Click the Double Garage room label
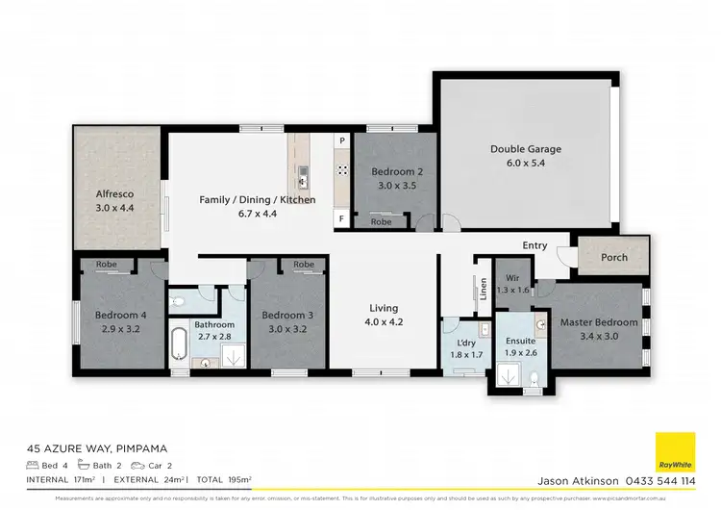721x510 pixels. point(525,149)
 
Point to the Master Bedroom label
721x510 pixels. point(599,322)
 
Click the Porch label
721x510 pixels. point(614,257)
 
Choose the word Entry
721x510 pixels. point(535,245)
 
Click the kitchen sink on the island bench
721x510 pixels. point(303,174)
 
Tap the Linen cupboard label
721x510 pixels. point(481,290)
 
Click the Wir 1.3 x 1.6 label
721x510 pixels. point(510,282)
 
